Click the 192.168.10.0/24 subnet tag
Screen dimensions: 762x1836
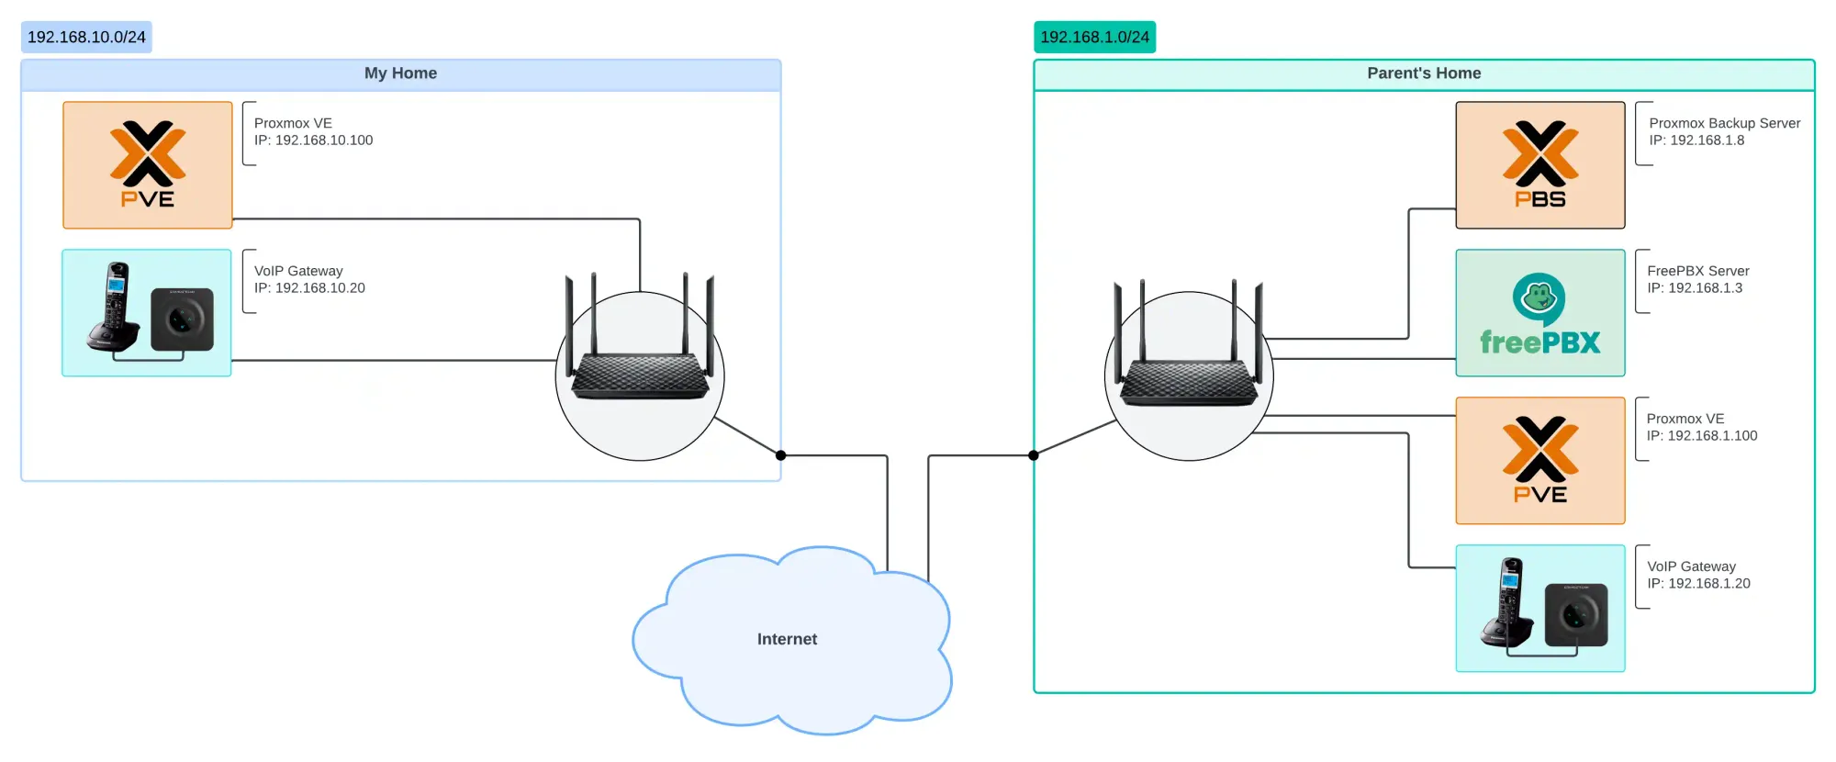(x=86, y=38)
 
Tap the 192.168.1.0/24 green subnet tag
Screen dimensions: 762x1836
(x=1094, y=38)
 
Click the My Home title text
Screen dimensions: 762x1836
(x=400, y=73)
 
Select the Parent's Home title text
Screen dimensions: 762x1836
(x=1423, y=73)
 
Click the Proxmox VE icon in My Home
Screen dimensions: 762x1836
(x=148, y=165)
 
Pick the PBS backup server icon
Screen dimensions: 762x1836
(x=1539, y=165)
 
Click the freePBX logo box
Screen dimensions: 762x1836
(x=1539, y=313)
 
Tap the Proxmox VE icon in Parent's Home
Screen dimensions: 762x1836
(x=1539, y=461)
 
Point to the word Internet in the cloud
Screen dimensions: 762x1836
(x=787, y=639)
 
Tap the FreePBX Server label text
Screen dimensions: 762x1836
(x=1697, y=271)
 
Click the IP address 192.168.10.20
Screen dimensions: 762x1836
(x=319, y=288)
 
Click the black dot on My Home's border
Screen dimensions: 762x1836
(x=780, y=455)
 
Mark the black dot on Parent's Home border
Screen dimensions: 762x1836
(x=1034, y=455)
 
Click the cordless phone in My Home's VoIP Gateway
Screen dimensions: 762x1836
(x=114, y=308)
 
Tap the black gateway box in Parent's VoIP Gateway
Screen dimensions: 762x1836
(x=1576, y=613)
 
